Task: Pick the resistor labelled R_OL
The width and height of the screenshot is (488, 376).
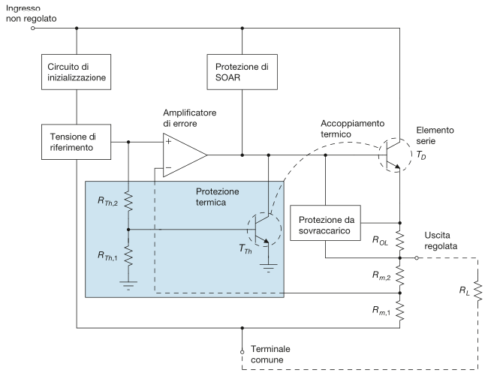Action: click(400, 240)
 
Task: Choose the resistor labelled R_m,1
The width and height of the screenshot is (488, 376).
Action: click(400, 308)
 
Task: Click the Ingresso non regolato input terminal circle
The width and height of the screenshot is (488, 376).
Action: click(33, 29)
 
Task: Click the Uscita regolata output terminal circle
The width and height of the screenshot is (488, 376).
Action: click(417, 257)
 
